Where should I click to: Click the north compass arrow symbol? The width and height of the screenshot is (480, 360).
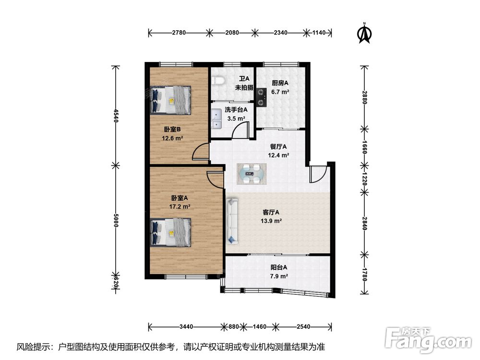pyautogui.click(x=364, y=33)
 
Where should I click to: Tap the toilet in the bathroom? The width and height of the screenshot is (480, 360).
pyautogui.click(x=219, y=80)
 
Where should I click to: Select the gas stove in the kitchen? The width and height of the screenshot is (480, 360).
pyautogui.click(x=261, y=97)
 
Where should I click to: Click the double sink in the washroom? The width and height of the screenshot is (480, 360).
pyautogui.click(x=217, y=119)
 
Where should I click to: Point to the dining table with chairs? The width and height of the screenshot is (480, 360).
pyautogui.click(x=252, y=174)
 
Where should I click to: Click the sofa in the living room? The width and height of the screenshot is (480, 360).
pyautogui.click(x=232, y=221)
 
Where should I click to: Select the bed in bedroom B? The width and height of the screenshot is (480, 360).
pyautogui.click(x=170, y=100)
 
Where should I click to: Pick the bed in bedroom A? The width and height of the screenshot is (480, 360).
pyautogui.click(x=170, y=232)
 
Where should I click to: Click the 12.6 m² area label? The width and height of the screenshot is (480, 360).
pyautogui.click(x=172, y=138)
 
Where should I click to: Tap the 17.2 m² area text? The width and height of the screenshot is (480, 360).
pyautogui.click(x=180, y=206)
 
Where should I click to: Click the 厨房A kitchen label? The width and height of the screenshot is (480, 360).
pyautogui.click(x=280, y=83)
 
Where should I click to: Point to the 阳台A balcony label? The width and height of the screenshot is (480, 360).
pyautogui.click(x=279, y=267)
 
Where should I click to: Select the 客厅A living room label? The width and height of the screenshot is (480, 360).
pyautogui.click(x=271, y=212)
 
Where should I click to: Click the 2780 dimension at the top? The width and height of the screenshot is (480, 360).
pyautogui.click(x=179, y=33)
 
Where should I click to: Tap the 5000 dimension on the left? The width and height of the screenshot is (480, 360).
pyautogui.click(x=115, y=220)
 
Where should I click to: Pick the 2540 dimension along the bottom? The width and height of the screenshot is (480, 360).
pyautogui.click(x=303, y=326)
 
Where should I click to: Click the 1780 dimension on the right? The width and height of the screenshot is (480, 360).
pyautogui.click(x=364, y=274)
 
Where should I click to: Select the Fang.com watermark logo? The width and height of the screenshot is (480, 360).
pyautogui.click(x=428, y=340)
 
